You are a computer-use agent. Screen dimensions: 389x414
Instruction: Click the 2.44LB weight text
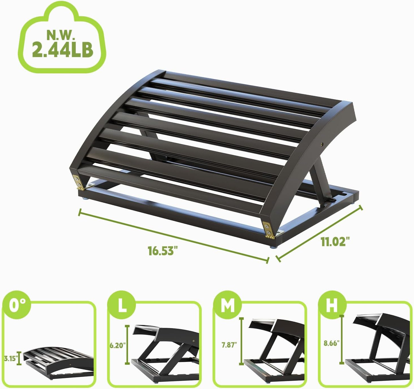[x=62, y=49]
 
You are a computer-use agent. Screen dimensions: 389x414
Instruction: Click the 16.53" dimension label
[x=161, y=250]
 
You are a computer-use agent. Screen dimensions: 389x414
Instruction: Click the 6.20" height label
[x=117, y=345]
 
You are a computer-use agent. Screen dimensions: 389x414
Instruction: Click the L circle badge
[x=122, y=306]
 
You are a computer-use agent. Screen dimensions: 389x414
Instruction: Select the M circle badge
[x=228, y=306]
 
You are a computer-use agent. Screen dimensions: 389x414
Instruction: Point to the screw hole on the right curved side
[x=323, y=144]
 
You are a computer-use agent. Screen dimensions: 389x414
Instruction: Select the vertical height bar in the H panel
[x=342, y=339]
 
